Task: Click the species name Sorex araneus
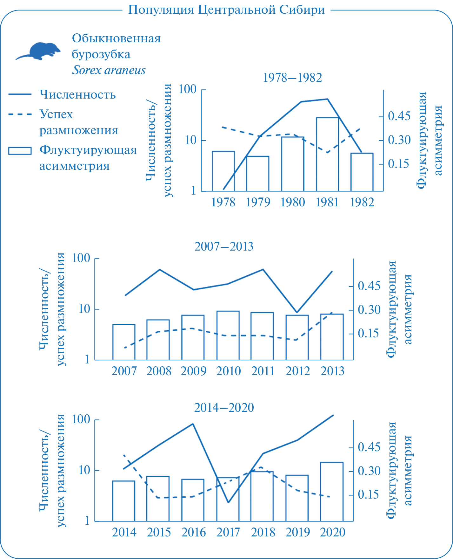109,70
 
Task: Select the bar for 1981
327,154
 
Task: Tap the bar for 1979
258,174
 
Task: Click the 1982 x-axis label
362,203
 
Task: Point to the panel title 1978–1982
292,78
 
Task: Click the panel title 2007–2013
224,246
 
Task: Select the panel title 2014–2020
224,408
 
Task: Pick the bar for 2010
228,335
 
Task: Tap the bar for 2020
332,492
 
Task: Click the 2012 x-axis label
297,371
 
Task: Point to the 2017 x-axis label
228,532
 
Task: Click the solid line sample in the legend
20,94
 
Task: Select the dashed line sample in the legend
20,114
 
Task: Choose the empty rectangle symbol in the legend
20,151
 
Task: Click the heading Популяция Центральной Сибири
226,10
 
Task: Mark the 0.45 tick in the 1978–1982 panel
399,116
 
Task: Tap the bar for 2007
124,342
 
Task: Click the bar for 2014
124,501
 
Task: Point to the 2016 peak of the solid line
193,424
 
